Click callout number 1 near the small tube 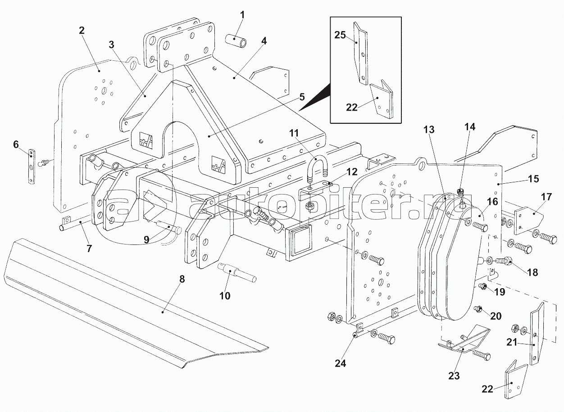[x=242, y=15]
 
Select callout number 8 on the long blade [x=182, y=279]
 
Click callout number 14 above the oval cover [x=470, y=127]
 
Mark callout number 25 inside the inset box [x=340, y=35]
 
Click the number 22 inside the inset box [x=352, y=107]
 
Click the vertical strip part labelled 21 [x=536, y=333]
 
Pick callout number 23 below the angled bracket [x=454, y=376]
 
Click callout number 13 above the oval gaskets [x=429, y=130]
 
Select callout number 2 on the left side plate [x=82, y=31]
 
